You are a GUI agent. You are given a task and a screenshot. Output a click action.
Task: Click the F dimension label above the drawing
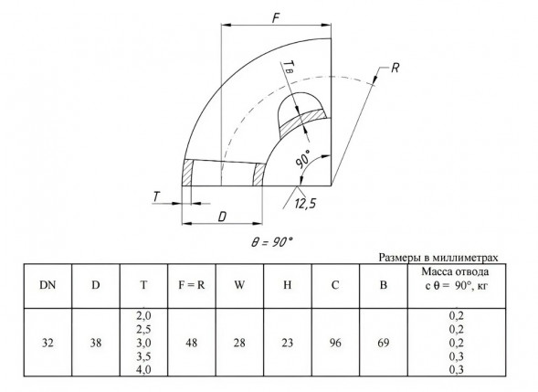click(x=276, y=18)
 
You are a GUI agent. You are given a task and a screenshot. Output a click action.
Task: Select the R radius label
click(x=395, y=68)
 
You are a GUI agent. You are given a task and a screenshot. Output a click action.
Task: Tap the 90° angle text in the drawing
click(x=302, y=159)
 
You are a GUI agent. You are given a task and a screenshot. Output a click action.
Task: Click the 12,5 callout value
click(x=305, y=204)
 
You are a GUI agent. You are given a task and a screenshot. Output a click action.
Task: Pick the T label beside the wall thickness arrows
click(x=156, y=196)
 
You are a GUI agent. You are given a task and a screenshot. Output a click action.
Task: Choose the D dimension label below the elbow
click(x=222, y=217)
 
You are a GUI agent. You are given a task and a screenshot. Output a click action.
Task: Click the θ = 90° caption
click(x=272, y=242)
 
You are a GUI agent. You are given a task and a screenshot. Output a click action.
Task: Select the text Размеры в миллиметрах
click(x=438, y=258)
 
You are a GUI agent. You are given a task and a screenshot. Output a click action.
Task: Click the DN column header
click(x=47, y=285)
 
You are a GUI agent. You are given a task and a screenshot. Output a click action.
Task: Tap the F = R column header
click(x=192, y=285)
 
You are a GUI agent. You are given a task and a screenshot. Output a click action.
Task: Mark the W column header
click(x=239, y=285)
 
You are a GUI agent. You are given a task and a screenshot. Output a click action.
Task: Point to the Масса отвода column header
click(x=456, y=279)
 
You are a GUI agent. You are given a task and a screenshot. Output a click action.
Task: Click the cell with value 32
click(x=47, y=343)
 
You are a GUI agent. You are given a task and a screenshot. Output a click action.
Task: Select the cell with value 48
click(x=192, y=343)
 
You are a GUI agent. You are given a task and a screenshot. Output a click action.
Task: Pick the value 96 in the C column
click(x=335, y=343)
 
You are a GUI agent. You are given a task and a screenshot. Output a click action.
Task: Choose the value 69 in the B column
click(x=384, y=343)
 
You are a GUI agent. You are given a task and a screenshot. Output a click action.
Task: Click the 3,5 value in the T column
click(x=143, y=356)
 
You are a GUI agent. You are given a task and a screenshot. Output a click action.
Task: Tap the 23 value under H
click(x=287, y=343)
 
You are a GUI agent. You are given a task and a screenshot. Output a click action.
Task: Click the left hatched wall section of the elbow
click(x=187, y=173)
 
